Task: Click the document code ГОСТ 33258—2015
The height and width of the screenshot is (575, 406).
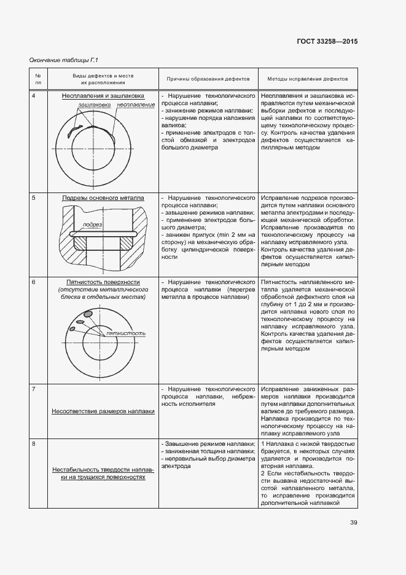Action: [327, 41]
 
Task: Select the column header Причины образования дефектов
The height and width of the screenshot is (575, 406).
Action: [208, 79]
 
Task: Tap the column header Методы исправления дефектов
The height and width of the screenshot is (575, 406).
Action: [307, 79]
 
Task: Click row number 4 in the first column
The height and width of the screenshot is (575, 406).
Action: [33, 97]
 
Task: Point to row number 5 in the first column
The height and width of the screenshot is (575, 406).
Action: [33, 199]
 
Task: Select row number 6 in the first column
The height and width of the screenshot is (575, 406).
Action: [33, 282]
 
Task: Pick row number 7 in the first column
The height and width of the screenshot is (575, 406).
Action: [33, 390]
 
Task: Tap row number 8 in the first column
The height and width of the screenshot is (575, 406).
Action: [33, 443]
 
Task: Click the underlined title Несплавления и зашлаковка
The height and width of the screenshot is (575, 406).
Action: [103, 97]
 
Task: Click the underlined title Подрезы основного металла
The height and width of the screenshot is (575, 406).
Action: [103, 199]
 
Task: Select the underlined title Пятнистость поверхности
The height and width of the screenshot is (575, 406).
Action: [103, 282]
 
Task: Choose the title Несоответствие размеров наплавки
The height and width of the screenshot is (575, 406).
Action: [103, 411]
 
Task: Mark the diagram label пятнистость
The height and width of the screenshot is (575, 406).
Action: [126, 333]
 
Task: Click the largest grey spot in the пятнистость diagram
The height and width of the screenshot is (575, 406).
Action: [88, 313]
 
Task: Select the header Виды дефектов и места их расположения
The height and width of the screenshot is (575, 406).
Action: [103, 79]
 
